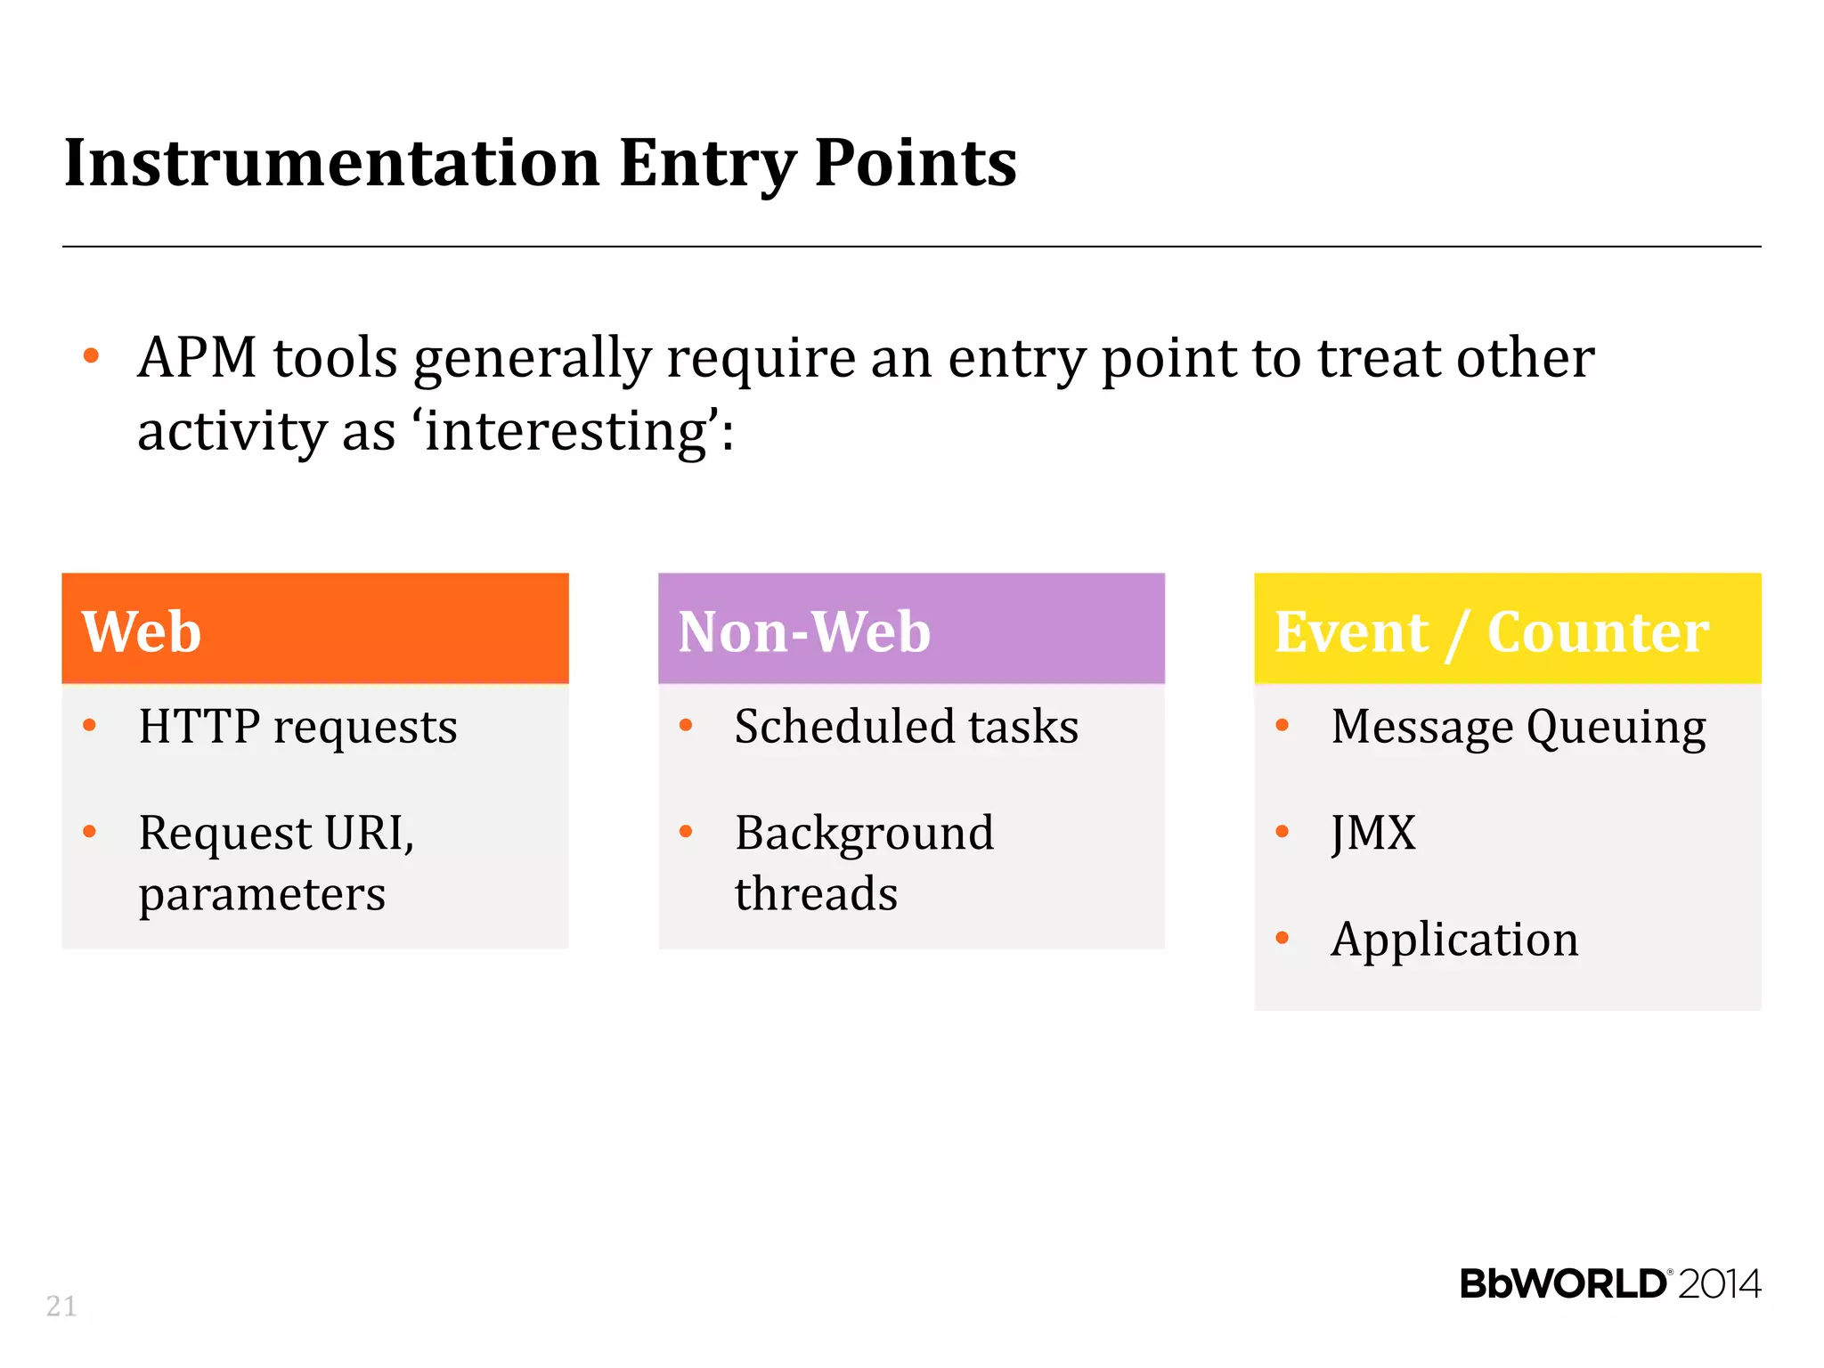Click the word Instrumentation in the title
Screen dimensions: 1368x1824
click(331, 163)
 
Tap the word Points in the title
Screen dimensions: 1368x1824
click(915, 163)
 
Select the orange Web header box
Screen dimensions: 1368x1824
click(315, 629)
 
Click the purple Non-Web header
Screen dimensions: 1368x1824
click(911, 629)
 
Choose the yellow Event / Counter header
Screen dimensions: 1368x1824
click(1507, 629)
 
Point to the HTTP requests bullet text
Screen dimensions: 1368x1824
click(297, 727)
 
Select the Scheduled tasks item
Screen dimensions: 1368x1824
click(906, 727)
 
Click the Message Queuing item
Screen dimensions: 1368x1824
click(1518, 727)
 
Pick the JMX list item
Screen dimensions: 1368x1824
click(1372, 834)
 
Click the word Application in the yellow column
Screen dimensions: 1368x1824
click(1453, 940)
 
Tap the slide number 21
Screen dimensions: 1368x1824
click(61, 1306)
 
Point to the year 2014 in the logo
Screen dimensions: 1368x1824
click(1719, 1284)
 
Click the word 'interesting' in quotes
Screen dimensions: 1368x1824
click(566, 431)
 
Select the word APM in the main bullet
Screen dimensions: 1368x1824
click(198, 358)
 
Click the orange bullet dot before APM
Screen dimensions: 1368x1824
click(91, 356)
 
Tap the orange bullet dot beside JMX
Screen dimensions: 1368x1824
click(1282, 832)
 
